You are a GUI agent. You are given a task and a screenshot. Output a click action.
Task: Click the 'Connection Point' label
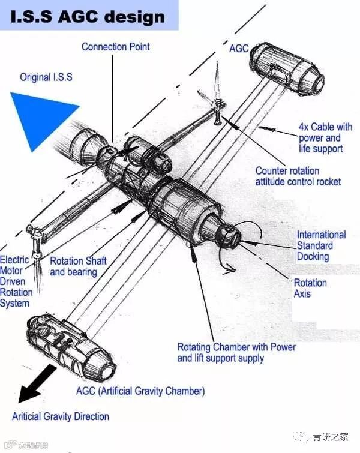pos(116,46)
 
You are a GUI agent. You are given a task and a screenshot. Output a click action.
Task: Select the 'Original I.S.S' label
pos(46,77)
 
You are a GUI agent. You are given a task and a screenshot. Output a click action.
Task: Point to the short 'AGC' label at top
pos(239,48)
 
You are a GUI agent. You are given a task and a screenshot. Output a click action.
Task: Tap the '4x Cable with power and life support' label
pos(325,138)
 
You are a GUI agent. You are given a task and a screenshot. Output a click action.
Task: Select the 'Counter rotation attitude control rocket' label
pos(298,176)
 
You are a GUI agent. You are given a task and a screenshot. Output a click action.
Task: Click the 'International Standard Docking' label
pos(321,245)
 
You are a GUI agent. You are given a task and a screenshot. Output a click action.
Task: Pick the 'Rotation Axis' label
pos(310,288)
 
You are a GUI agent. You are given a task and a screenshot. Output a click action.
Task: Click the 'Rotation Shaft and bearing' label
pos(78,266)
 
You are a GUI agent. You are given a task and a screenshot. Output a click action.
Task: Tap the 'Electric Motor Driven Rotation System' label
pos(16,281)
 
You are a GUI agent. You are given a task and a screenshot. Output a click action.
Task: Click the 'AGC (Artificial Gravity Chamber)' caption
pos(140,391)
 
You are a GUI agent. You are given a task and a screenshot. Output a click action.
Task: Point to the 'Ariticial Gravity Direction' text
pos(61,416)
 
